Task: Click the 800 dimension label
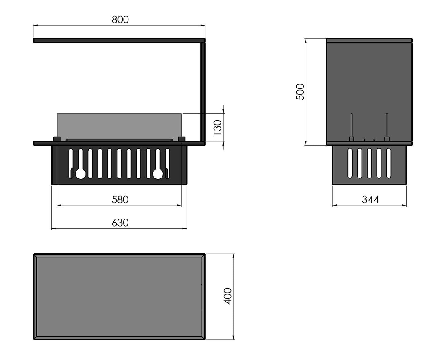tap(120, 20)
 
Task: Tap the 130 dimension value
tap(217, 128)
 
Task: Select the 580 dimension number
tap(120, 200)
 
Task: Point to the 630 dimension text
tap(120, 223)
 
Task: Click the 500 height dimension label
tap(300, 92)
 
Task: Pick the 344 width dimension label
tap(370, 200)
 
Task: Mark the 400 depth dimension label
tap(228, 296)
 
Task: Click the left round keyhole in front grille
tap(80, 174)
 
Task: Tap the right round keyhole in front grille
tap(158, 174)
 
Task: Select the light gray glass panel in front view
tap(119, 126)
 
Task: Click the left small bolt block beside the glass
tap(57, 139)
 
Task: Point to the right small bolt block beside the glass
tap(181, 139)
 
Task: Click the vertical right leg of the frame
tap(203, 92)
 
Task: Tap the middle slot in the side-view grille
tap(369, 163)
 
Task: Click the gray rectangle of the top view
tap(119, 297)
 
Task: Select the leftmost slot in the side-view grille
tap(350, 163)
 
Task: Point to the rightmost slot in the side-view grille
tap(389, 163)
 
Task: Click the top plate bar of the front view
tap(119, 40)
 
